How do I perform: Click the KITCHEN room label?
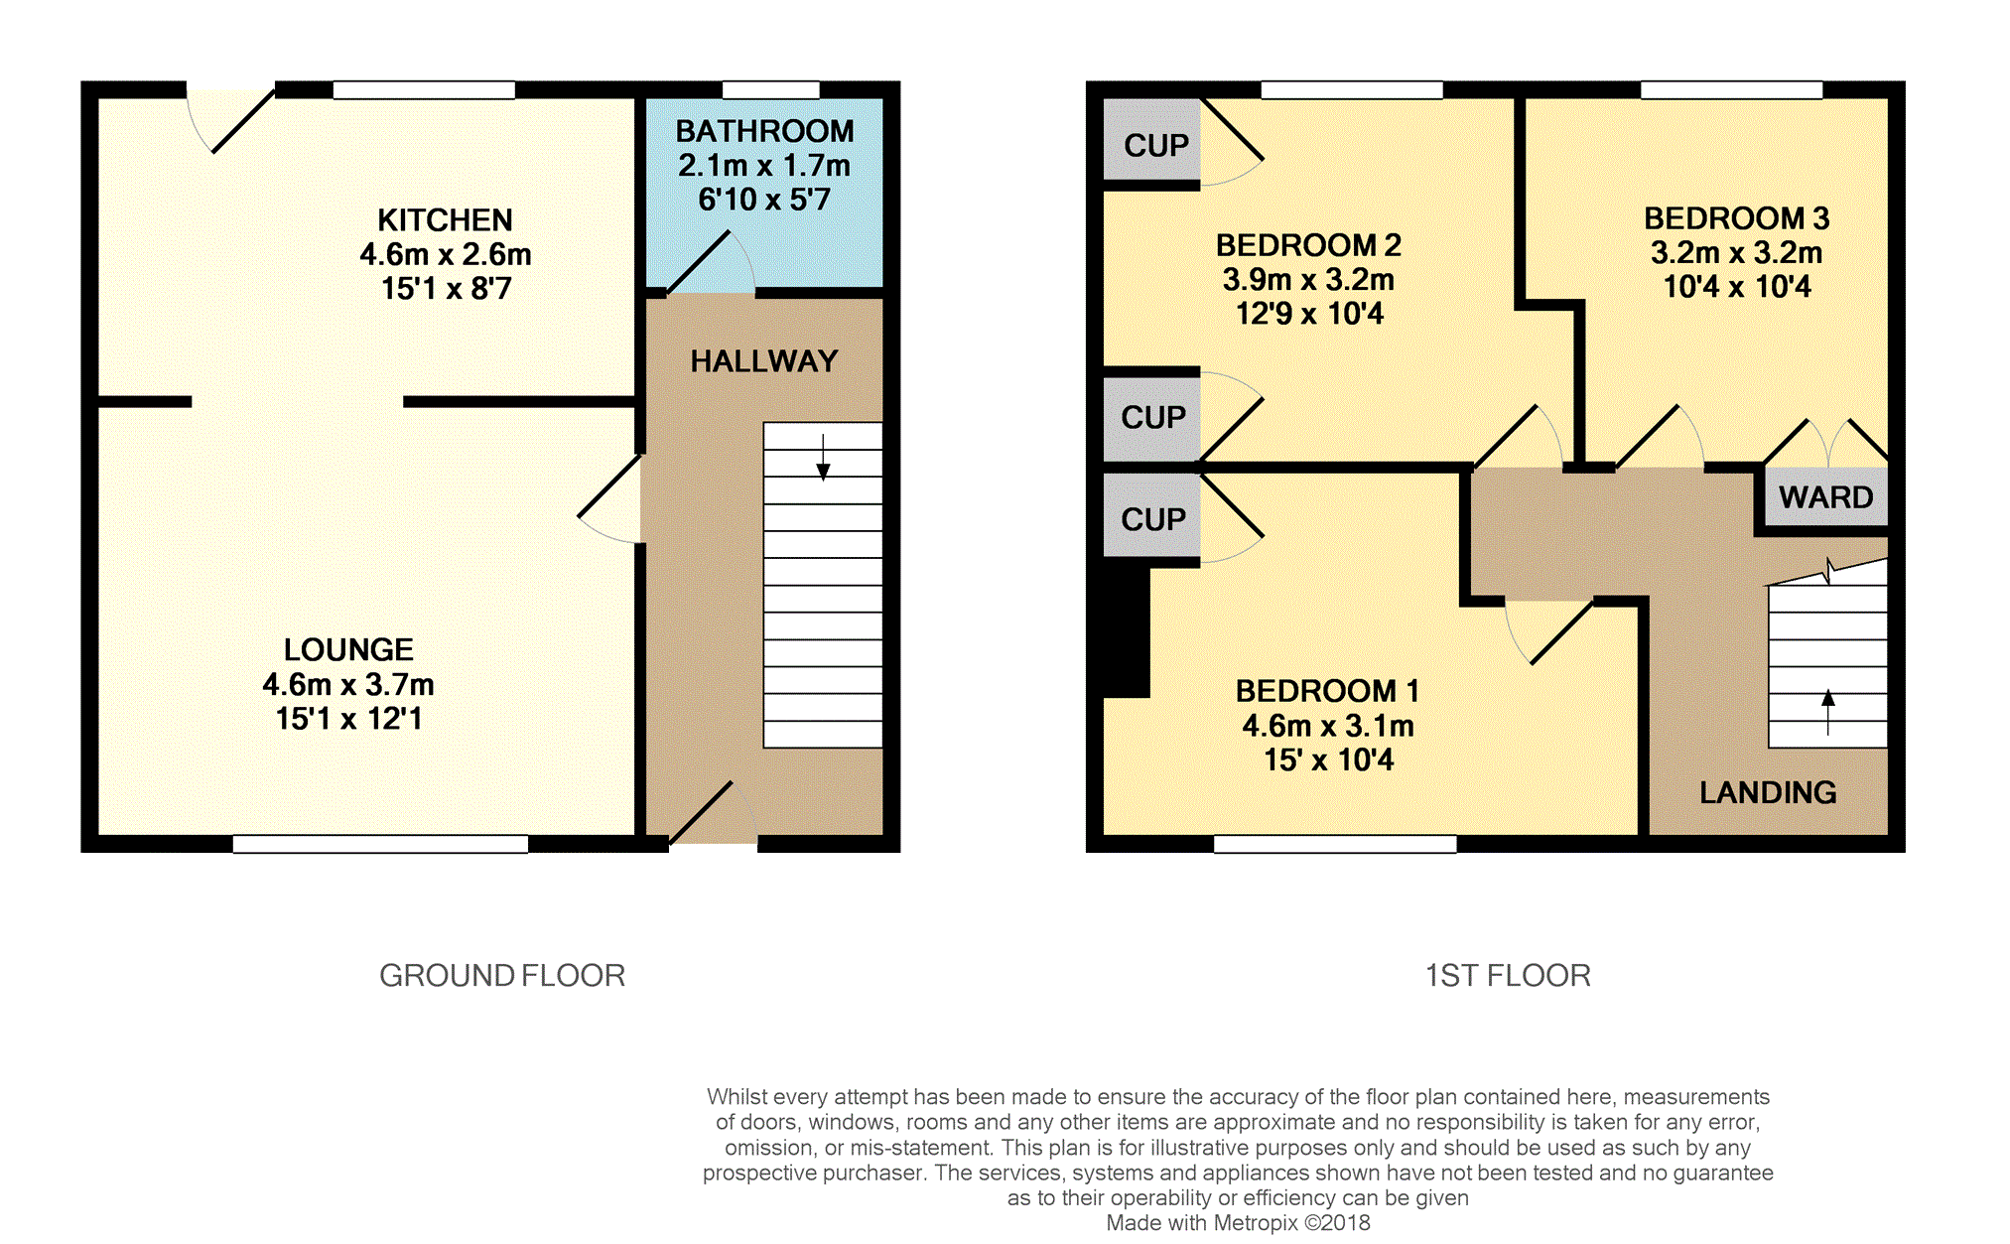445,219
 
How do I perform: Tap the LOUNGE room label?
348,649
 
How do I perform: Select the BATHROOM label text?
764,131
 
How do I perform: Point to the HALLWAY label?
764,361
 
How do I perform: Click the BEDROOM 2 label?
1308,245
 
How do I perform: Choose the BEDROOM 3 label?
1736,218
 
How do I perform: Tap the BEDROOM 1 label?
1327,691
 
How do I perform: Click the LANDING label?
1768,792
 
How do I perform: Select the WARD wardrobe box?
1825,496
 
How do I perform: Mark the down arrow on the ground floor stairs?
823,458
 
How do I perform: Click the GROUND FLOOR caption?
502,976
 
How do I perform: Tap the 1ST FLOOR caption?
1508,976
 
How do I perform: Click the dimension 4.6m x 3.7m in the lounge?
348,684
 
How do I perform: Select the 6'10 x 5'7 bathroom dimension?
764,200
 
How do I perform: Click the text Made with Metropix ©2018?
1238,1223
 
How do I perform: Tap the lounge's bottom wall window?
380,844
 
